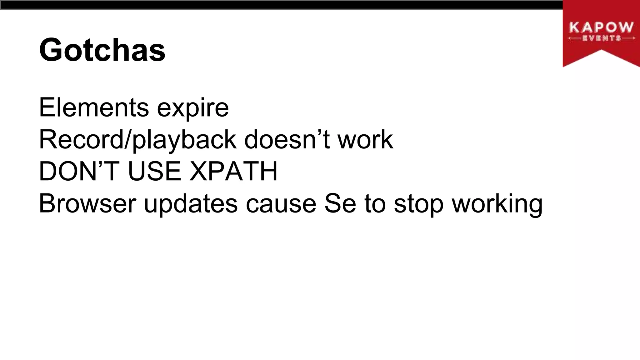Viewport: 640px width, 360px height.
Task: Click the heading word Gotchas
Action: click(x=102, y=50)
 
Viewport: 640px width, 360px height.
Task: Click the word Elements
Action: click(x=94, y=107)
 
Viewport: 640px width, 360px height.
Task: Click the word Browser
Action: click(x=87, y=204)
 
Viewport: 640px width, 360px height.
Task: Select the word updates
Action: click(x=191, y=204)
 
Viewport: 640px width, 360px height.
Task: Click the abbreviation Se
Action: click(x=340, y=204)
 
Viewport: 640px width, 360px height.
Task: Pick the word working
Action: click(x=497, y=204)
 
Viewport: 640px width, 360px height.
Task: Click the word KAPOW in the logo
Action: click(x=601, y=28)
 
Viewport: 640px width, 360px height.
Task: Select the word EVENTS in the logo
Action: click(x=601, y=38)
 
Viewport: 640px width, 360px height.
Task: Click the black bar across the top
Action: click(x=281, y=5)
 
